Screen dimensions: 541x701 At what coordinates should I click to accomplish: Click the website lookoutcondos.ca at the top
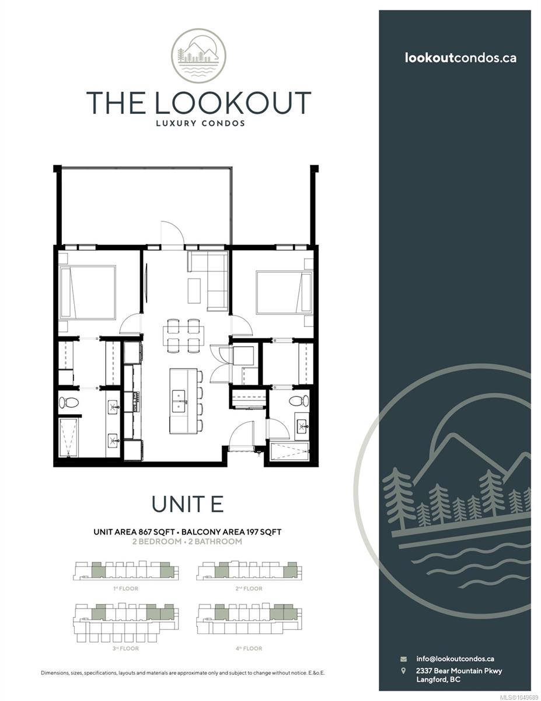pyautogui.click(x=460, y=58)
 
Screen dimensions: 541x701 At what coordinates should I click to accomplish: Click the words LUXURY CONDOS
pyautogui.click(x=200, y=123)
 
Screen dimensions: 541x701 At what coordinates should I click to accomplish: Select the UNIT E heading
pyautogui.click(x=187, y=504)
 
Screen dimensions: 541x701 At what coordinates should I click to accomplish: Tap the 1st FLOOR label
pyautogui.click(x=125, y=589)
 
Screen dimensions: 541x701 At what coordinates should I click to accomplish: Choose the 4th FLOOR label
pyautogui.click(x=249, y=648)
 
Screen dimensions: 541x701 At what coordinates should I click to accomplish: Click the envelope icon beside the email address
pyautogui.click(x=403, y=659)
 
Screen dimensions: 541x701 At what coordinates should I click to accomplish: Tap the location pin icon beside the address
pyautogui.click(x=403, y=671)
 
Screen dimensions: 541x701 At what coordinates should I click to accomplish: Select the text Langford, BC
pyautogui.click(x=438, y=679)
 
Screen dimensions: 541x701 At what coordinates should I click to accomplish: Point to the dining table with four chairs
pyautogui.click(x=183, y=336)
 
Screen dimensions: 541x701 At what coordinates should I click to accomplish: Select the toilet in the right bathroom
pyautogui.click(x=299, y=401)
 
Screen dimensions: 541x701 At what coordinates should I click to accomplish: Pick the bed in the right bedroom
pyautogui.click(x=284, y=292)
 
